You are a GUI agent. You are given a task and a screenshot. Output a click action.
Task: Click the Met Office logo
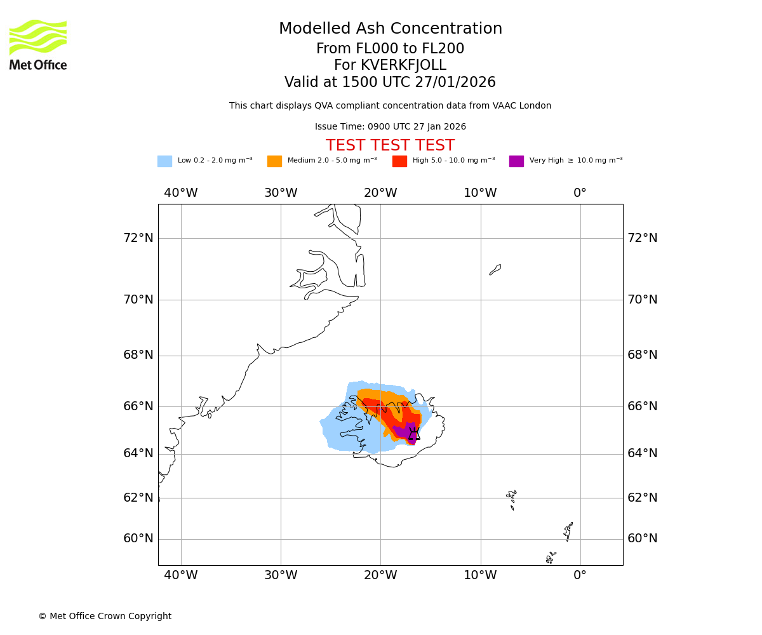click(38, 44)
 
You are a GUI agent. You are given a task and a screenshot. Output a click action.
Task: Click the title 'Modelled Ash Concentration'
click(390, 29)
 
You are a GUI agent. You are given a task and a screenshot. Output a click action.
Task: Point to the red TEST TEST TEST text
click(390, 146)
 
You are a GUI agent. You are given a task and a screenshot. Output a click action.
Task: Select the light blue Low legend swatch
click(164, 161)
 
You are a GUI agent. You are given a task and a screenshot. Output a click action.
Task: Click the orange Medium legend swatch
click(274, 161)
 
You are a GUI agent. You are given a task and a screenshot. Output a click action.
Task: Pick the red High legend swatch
click(399, 161)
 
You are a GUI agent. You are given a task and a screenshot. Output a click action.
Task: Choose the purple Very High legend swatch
click(516, 161)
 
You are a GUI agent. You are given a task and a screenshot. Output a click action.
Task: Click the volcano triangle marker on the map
click(414, 434)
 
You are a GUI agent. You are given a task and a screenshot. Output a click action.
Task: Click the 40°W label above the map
click(181, 193)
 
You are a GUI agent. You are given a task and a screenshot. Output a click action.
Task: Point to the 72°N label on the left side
click(138, 238)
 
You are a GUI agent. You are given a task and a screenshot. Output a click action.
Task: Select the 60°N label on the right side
click(643, 538)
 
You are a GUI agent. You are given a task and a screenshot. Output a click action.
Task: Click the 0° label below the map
click(580, 575)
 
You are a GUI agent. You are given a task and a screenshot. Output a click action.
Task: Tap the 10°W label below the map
click(480, 575)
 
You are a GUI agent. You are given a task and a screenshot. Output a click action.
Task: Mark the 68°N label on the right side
click(643, 355)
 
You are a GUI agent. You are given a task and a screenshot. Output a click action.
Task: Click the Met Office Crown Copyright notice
click(105, 616)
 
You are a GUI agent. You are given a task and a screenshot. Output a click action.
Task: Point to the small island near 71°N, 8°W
click(495, 270)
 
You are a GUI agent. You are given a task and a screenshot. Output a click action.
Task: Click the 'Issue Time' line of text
click(390, 127)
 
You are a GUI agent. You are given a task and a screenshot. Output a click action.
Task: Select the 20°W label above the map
click(380, 193)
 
